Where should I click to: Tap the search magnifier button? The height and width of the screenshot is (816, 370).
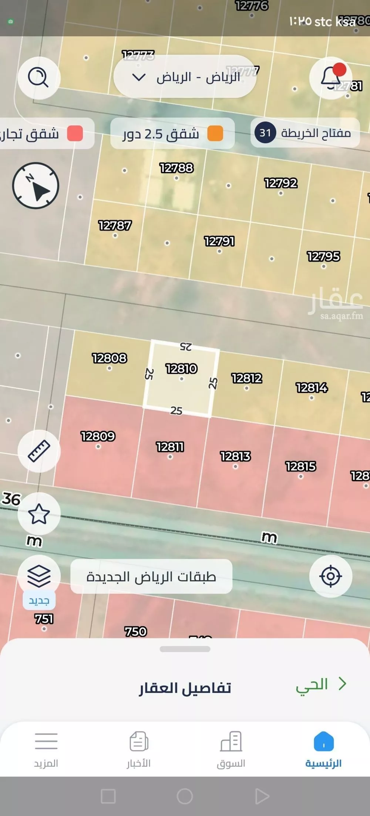[x=38, y=78]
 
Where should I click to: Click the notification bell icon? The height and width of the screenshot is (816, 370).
[x=330, y=78]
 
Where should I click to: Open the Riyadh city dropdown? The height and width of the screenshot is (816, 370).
[x=185, y=77]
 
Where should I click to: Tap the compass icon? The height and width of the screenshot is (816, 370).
[x=36, y=185]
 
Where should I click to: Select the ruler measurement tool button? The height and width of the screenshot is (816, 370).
[x=39, y=451]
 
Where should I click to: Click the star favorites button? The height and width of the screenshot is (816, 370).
[x=39, y=514]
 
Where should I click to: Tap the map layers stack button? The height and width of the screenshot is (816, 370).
[x=39, y=576]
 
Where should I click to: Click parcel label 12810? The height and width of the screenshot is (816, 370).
[x=181, y=369]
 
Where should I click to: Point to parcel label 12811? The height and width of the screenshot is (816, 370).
[x=170, y=447]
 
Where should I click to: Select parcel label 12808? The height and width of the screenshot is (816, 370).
[x=110, y=358]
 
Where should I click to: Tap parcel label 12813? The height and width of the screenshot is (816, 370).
[x=235, y=456]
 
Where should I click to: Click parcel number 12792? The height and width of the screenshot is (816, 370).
[x=280, y=183]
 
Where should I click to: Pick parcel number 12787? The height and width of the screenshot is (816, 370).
[x=115, y=225]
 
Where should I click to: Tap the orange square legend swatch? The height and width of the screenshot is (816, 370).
[x=215, y=133]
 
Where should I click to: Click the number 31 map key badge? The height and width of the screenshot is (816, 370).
[x=265, y=133]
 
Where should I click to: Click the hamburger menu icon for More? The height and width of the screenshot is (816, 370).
[x=46, y=741]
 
